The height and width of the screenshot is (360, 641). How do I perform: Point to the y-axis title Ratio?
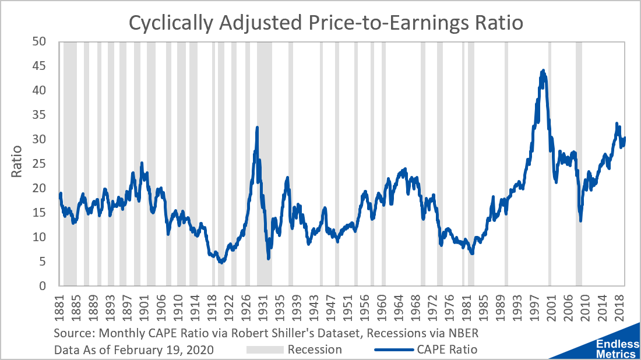pyautogui.click(x=17, y=163)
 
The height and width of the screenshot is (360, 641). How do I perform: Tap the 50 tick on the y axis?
pyautogui.click(x=38, y=42)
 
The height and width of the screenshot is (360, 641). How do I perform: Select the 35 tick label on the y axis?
pyautogui.click(x=38, y=115)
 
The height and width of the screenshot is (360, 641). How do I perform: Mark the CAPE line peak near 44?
pyautogui.click(x=543, y=70)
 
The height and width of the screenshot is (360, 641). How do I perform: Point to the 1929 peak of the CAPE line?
pyautogui.click(x=257, y=127)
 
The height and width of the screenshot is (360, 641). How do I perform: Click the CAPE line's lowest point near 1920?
pyautogui.click(x=221, y=262)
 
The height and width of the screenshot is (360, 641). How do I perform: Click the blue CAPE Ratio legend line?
pyautogui.click(x=393, y=350)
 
